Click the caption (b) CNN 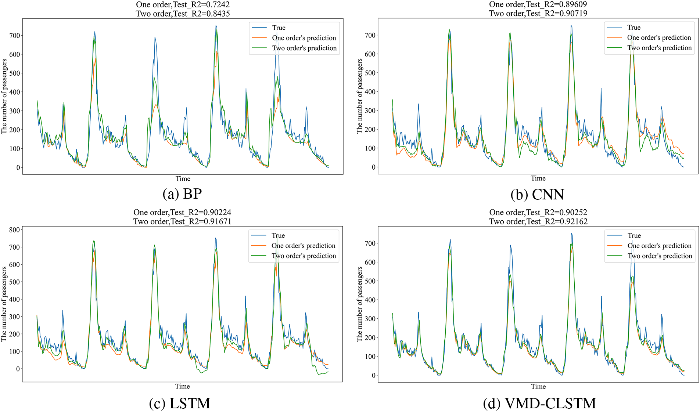coord(537,195)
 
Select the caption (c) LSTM coord(180,403)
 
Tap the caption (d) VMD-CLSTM coord(539,403)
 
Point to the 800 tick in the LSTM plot coord(14,230)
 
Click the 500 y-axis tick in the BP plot coord(15,73)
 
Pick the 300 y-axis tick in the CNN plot coord(370,111)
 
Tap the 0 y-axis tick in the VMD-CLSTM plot coord(373,375)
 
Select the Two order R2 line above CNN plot coord(538,14)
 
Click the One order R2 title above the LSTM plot coord(182,213)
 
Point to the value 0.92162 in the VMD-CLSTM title coord(575,221)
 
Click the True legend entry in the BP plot coord(279,28)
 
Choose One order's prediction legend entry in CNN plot coord(659,38)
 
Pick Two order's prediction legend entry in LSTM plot coord(304,256)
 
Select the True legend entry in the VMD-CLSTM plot coord(634,236)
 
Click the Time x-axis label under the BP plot coord(183,179)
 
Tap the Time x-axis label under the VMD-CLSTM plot coord(538,386)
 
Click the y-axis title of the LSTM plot coord(4,304)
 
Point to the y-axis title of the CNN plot coord(359,96)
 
